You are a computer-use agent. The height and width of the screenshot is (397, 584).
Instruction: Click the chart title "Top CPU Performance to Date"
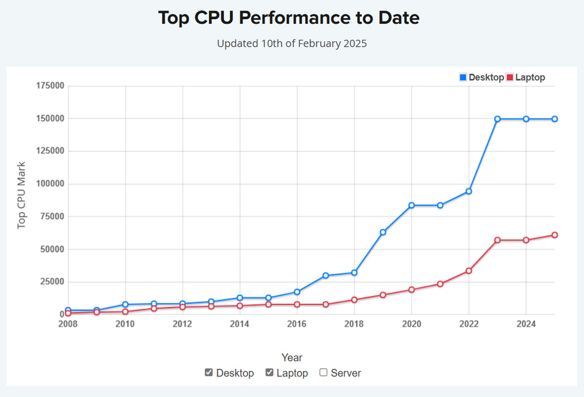(289, 19)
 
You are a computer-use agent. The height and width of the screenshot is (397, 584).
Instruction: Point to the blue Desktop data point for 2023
(497, 119)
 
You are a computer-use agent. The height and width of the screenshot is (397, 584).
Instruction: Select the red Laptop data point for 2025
(554, 235)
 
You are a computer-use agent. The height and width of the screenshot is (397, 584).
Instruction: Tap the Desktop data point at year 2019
(383, 232)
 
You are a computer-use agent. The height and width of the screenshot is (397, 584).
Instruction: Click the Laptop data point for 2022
(469, 270)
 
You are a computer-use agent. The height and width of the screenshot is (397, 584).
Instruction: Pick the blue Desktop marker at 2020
(412, 205)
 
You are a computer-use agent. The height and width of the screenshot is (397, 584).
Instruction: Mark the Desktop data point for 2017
(326, 276)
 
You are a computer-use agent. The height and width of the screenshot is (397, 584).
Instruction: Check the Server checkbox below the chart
(324, 373)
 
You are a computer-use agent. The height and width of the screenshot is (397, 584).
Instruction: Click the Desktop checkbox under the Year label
(209, 373)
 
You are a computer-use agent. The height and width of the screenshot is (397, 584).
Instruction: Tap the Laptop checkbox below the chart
(269, 373)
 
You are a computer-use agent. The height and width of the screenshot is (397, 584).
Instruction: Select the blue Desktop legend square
(463, 77)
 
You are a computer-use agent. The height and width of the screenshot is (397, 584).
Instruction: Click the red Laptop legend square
(510, 77)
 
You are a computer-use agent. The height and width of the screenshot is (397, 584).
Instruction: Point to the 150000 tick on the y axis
(51, 119)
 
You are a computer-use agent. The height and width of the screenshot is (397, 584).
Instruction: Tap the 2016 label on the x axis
(297, 324)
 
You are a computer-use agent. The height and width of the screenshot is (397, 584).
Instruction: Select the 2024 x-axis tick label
(526, 324)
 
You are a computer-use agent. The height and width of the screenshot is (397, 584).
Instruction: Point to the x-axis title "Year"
(292, 358)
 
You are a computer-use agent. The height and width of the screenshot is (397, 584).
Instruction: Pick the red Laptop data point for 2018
(354, 300)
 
